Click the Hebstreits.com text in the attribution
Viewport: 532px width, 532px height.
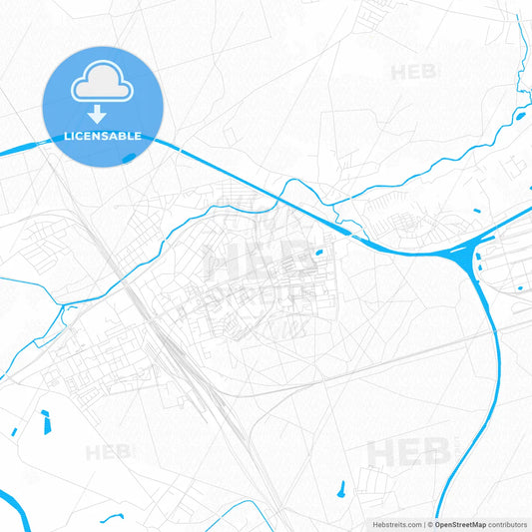395,524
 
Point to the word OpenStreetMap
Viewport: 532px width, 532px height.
459,524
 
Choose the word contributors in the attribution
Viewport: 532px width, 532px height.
507,524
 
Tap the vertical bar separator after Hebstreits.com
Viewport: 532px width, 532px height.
424,524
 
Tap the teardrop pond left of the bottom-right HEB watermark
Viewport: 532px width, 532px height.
341,489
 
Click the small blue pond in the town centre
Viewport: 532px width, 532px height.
318,253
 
